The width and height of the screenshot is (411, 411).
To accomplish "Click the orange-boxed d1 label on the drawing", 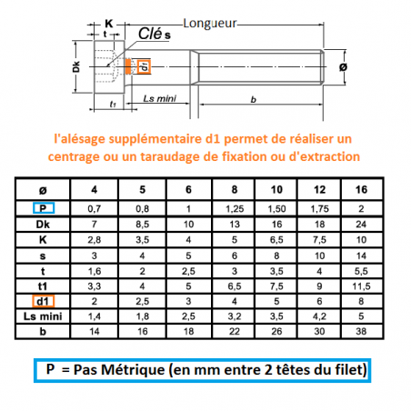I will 145,65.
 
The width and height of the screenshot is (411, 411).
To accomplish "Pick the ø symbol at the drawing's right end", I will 343,68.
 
